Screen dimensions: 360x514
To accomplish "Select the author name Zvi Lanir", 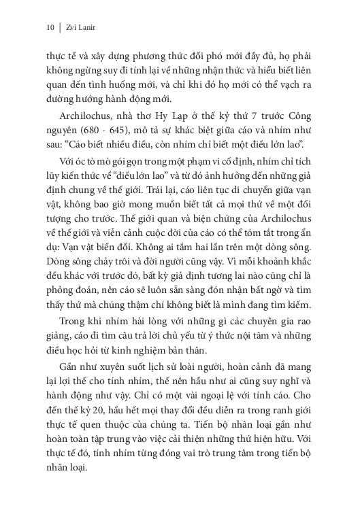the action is [78, 28].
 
